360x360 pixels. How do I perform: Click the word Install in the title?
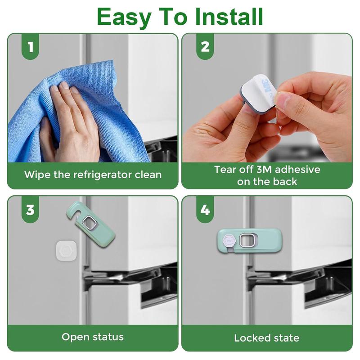click(229, 17)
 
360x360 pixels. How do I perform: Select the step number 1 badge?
click(30, 47)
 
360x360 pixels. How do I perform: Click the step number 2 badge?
click(205, 47)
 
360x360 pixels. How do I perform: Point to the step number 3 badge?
click(30, 210)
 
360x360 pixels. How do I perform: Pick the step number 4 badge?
click(205, 210)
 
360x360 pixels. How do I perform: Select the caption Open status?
click(93, 337)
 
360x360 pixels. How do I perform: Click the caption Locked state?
click(267, 338)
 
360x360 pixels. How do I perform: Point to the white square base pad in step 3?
click(66, 250)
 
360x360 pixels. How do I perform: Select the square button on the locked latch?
click(247, 241)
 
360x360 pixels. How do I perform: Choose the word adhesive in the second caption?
click(297, 170)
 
